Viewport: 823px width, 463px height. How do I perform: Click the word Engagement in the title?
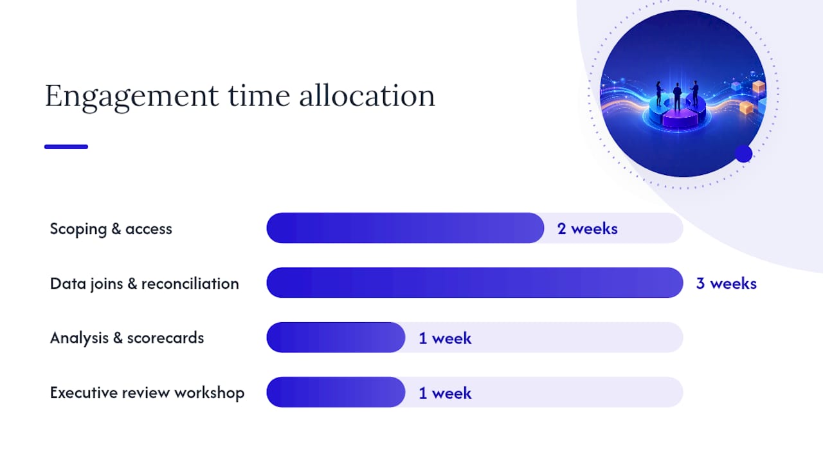pos(132,97)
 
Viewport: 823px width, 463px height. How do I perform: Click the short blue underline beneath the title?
pos(66,147)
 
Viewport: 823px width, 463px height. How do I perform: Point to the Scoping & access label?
pos(111,229)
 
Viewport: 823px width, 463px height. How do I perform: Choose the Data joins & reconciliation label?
pos(145,284)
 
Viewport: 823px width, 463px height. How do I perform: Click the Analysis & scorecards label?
pos(127,338)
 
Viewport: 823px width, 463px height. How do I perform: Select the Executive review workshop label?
pos(147,392)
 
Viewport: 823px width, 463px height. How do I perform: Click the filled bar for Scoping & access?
pos(405,228)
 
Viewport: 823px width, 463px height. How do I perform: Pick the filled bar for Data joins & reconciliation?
pos(475,282)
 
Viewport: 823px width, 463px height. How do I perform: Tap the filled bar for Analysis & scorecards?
pos(336,338)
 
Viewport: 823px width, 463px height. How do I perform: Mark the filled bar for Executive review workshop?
pos(336,392)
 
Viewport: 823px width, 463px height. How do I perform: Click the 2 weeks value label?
pos(587,228)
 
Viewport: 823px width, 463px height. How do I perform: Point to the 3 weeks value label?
pos(727,284)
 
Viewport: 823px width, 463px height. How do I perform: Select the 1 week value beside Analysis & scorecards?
pos(445,338)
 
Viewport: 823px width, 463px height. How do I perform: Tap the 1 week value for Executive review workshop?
pos(445,393)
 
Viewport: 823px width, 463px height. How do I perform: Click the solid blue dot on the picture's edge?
pos(744,154)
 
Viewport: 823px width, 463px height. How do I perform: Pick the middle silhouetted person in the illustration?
pos(677,96)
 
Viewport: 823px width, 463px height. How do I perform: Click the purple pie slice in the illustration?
pos(680,120)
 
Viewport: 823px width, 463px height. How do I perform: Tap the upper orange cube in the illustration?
pos(758,87)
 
